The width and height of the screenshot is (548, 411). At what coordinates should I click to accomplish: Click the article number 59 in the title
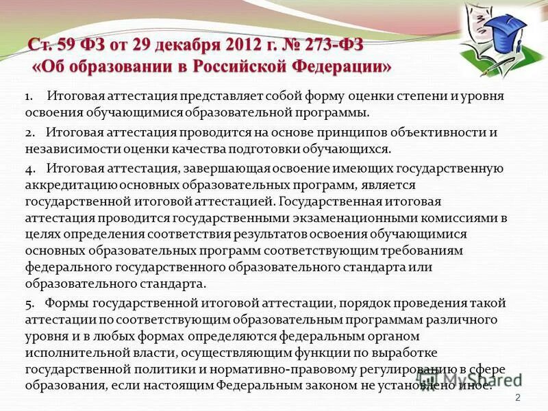70,45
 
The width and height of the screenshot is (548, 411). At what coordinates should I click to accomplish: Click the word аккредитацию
69,186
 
